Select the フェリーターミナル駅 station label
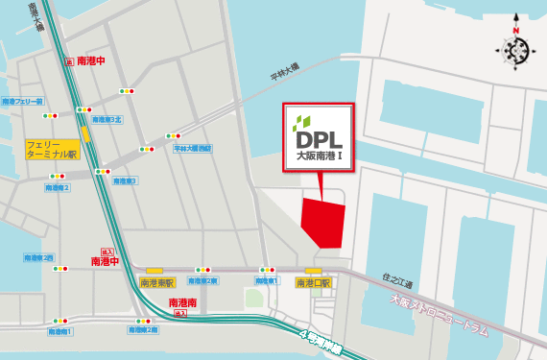(52, 148)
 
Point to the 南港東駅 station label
(156, 282)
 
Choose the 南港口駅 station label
(312, 282)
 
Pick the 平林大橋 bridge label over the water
(284, 71)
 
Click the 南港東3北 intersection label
(104, 120)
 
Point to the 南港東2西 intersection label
(38, 257)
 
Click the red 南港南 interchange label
(181, 303)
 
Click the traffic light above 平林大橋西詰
(174, 135)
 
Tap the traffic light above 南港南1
(59, 320)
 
